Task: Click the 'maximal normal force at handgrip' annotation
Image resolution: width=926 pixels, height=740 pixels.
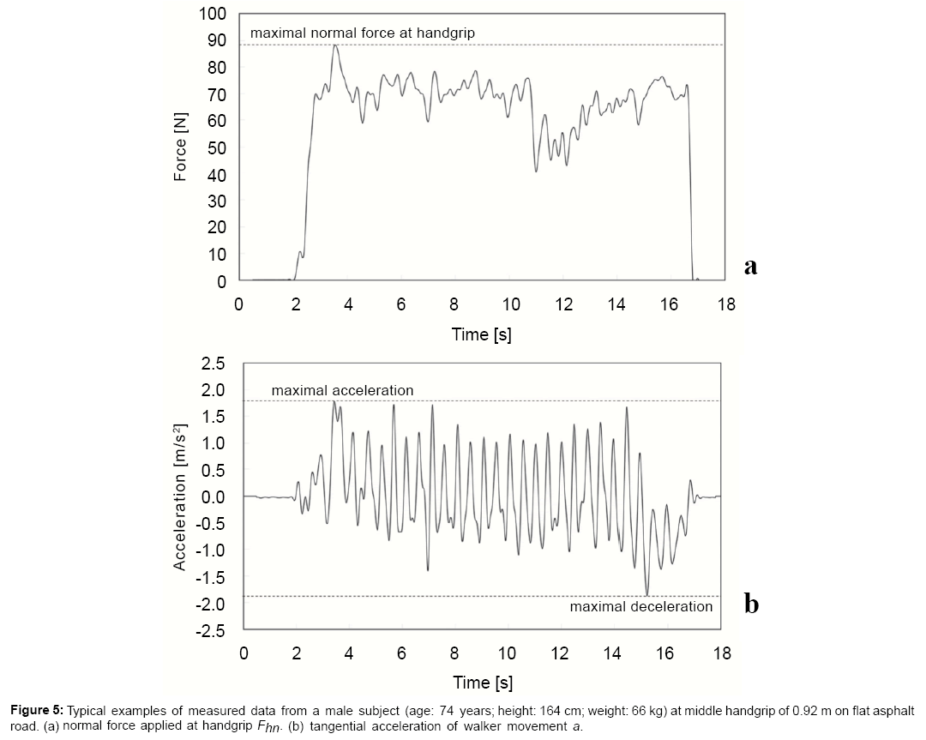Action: (x=362, y=33)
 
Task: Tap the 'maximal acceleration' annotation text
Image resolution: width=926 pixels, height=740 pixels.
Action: (x=342, y=390)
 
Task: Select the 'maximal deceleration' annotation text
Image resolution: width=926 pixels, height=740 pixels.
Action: (x=640, y=606)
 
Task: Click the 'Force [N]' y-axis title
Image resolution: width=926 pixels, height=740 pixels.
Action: (x=180, y=147)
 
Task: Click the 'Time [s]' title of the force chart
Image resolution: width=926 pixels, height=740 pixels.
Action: (x=481, y=334)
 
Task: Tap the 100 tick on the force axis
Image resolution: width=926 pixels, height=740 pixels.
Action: (x=213, y=14)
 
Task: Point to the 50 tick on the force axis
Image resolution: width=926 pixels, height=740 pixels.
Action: (x=217, y=147)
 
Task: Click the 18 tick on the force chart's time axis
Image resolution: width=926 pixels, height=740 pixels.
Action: (x=725, y=305)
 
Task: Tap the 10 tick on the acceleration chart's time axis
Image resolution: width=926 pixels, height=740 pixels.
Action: (x=507, y=653)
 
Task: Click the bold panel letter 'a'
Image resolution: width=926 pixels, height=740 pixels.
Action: (x=750, y=266)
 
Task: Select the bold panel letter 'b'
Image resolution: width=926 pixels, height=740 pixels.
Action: (x=751, y=605)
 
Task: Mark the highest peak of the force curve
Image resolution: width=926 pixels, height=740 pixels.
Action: (x=335, y=45)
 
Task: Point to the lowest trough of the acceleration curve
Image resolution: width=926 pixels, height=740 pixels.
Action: (x=647, y=594)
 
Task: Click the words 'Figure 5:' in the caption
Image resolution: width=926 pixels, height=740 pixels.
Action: (x=38, y=711)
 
